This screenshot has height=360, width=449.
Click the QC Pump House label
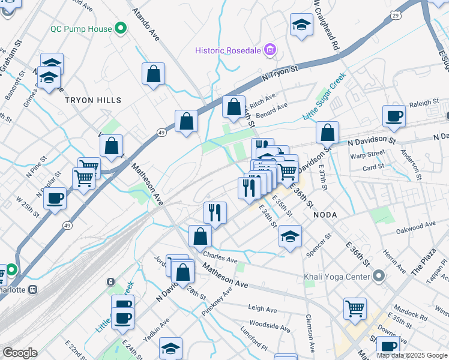coord(81,29)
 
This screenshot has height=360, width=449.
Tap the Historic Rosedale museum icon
coord(270,50)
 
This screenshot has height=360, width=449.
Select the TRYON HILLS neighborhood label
coord(93,100)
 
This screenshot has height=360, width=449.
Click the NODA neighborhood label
coord(324,214)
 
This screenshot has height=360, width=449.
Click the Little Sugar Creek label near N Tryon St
coord(324,96)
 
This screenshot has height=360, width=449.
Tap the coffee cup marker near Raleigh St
coord(394,115)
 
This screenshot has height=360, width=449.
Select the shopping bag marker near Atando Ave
coord(154,74)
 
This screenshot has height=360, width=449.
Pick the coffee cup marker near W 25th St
coord(55,198)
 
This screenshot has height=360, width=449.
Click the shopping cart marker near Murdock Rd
coord(355,308)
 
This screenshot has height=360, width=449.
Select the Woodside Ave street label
coord(270,327)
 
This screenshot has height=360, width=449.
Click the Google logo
coord(20,353)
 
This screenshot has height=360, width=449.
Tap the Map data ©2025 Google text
coord(412,355)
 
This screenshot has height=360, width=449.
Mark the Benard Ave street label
coord(273,110)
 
